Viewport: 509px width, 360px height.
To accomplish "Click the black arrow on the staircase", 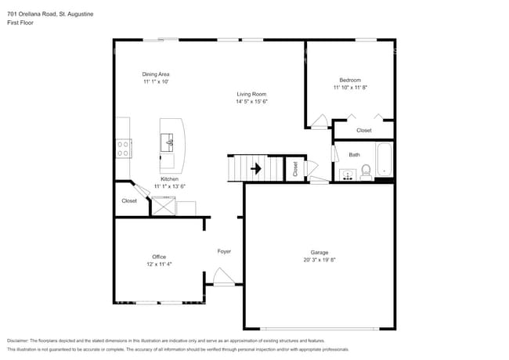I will tap(254, 167).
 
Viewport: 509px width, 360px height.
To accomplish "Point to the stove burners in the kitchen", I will tap(123, 148).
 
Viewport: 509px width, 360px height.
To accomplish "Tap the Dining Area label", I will tap(157, 74).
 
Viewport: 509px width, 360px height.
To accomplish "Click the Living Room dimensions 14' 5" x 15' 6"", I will tap(253, 102).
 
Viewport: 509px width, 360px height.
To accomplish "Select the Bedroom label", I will tap(350, 80).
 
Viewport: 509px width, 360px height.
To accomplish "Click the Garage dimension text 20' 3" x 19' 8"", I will tap(319, 260).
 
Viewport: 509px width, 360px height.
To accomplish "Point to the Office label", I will tap(159, 257).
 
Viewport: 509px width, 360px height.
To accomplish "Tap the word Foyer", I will tap(224, 251).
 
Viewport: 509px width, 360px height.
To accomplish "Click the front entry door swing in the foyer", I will tap(223, 276).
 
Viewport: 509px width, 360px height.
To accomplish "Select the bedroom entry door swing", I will tap(319, 121).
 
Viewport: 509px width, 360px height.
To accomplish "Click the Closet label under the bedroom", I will tap(364, 131).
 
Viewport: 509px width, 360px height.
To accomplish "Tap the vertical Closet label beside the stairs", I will tap(295, 168).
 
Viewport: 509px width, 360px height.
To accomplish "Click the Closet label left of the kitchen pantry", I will tap(129, 201).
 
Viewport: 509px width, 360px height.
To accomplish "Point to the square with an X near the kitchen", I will tap(163, 206).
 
